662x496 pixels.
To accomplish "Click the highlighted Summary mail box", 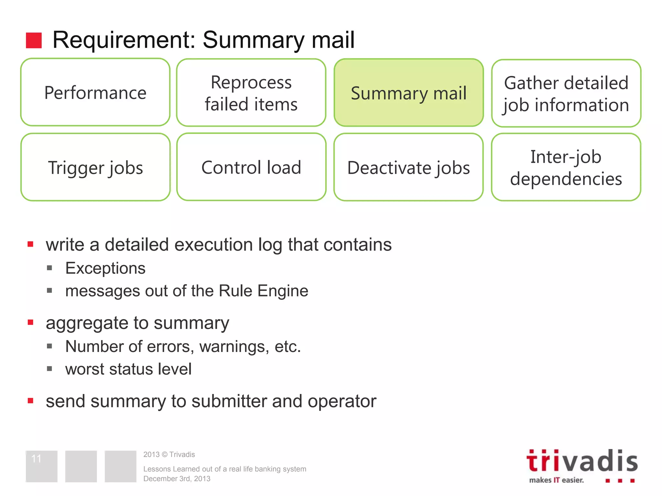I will pyautogui.click(x=409, y=93).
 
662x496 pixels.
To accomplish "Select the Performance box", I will pyautogui.click(x=95, y=93).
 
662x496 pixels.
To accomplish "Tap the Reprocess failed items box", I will pyautogui.click(x=251, y=93).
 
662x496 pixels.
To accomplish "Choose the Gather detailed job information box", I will pyautogui.click(x=566, y=94).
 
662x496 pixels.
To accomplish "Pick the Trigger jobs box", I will pyautogui.click(x=95, y=168).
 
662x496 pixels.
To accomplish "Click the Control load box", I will pyautogui.click(x=251, y=167).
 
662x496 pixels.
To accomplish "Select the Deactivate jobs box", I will pyautogui.click(x=409, y=168).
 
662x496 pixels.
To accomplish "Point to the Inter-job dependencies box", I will pyautogui.click(x=566, y=168).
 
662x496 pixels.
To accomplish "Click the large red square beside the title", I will pyautogui.click(x=34, y=40).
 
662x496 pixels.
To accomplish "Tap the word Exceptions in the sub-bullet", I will pyautogui.click(x=105, y=268).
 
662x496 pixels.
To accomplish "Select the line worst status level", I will pyautogui.click(x=128, y=369).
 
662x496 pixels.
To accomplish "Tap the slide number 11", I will pyautogui.click(x=36, y=459).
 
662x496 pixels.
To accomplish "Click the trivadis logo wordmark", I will pyautogui.click(x=582, y=461).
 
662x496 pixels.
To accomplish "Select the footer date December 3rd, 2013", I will pyautogui.click(x=177, y=479).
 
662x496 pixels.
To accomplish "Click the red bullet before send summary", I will pyautogui.click(x=31, y=401).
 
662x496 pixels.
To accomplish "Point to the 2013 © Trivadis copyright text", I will pyautogui.click(x=169, y=454).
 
